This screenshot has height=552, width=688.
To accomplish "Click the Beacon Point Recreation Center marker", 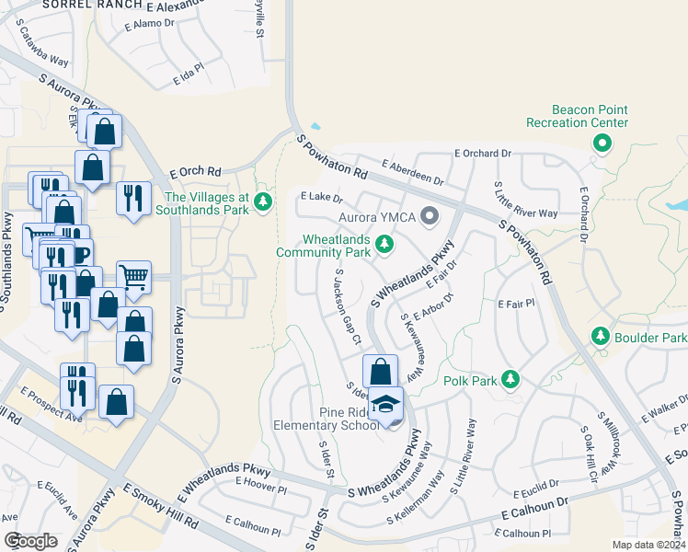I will pos(602,143).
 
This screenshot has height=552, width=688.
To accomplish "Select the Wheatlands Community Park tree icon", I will pos(387,244).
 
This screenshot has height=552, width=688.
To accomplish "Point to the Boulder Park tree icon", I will pos(600,337).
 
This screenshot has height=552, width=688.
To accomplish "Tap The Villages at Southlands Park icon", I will pos(264,201).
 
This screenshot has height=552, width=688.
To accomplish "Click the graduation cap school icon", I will pos(387,405).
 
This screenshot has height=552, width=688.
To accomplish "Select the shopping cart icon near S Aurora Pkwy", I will pos(134,276).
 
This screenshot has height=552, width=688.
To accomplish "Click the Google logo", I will pos(30,541).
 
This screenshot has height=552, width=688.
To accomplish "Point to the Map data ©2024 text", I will pos(649,545).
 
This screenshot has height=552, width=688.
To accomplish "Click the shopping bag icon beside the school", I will pos(379,372).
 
